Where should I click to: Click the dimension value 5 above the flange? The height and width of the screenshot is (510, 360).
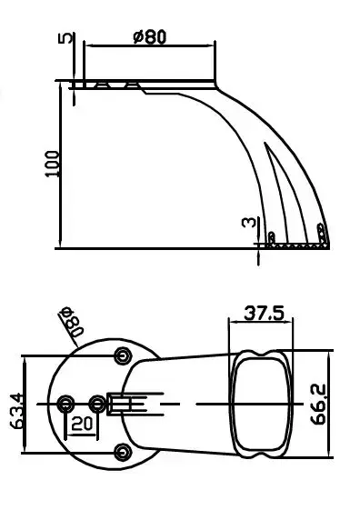(x=65, y=37)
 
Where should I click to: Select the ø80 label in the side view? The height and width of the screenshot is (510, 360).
(x=150, y=36)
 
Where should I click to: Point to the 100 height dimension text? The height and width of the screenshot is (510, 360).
(x=52, y=164)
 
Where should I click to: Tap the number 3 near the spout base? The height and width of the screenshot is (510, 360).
(x=249, y=222)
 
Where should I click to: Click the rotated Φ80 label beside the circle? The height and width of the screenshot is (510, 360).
(x=71, y=321)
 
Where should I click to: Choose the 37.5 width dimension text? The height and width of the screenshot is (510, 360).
(x=264, y=313)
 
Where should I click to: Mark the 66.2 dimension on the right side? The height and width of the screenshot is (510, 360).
(x=318, y=405)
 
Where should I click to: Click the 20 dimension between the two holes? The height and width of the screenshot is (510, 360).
(x=81, y=423)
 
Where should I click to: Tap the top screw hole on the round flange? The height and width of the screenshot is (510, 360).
(x=123, y=355)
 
